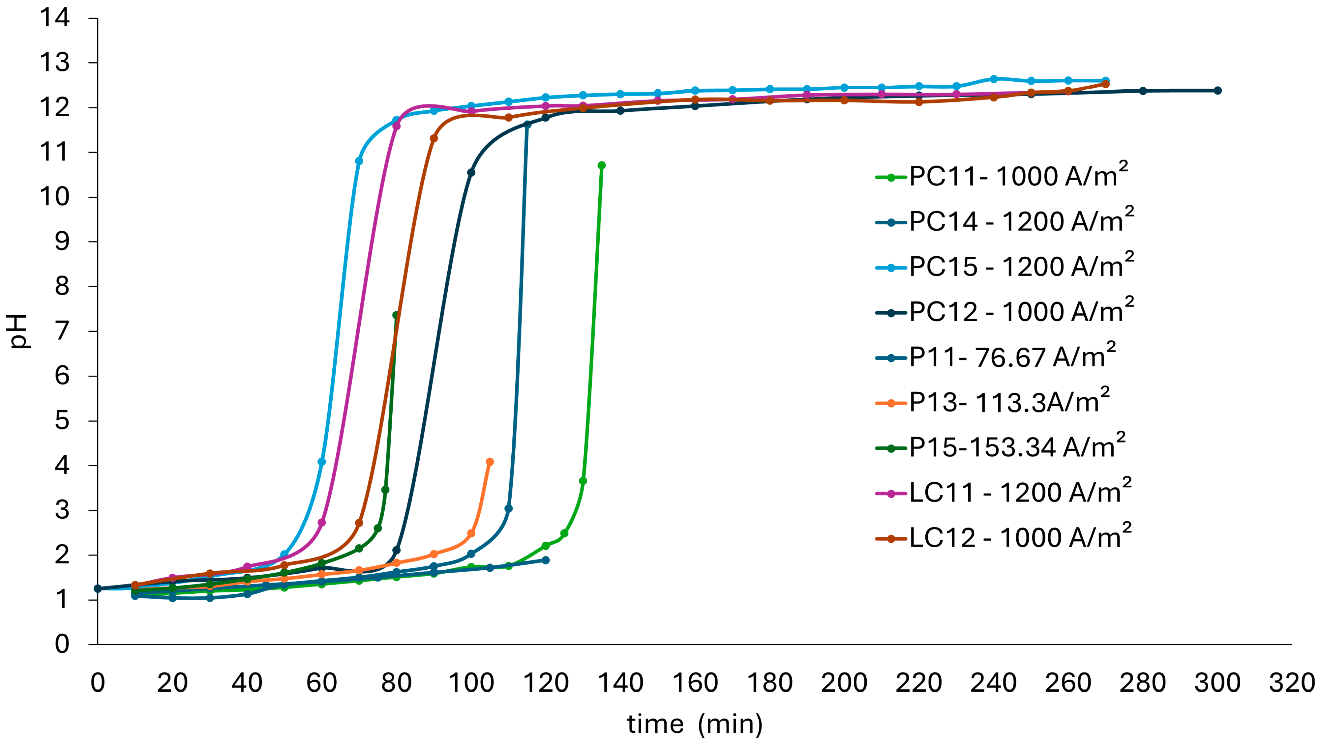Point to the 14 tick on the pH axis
pyautogui.click(x=54, y=18)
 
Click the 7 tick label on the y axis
pyautogui.click(x=62, y=331)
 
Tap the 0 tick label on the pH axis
pyautogui.click(x=62, y=644)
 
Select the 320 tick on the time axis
pyautogui.click(x=1291, y=683)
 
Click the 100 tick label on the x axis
pyautogui.click(x=471, y=683)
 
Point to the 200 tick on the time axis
pyautogui.click(x=844, y=683)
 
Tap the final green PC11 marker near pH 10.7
pyautogui.click(x=602, y=165)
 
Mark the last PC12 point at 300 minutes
pyautogui.click(x=1217, y=91)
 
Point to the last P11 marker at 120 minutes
pyautogui.click(x=546, y=560)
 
